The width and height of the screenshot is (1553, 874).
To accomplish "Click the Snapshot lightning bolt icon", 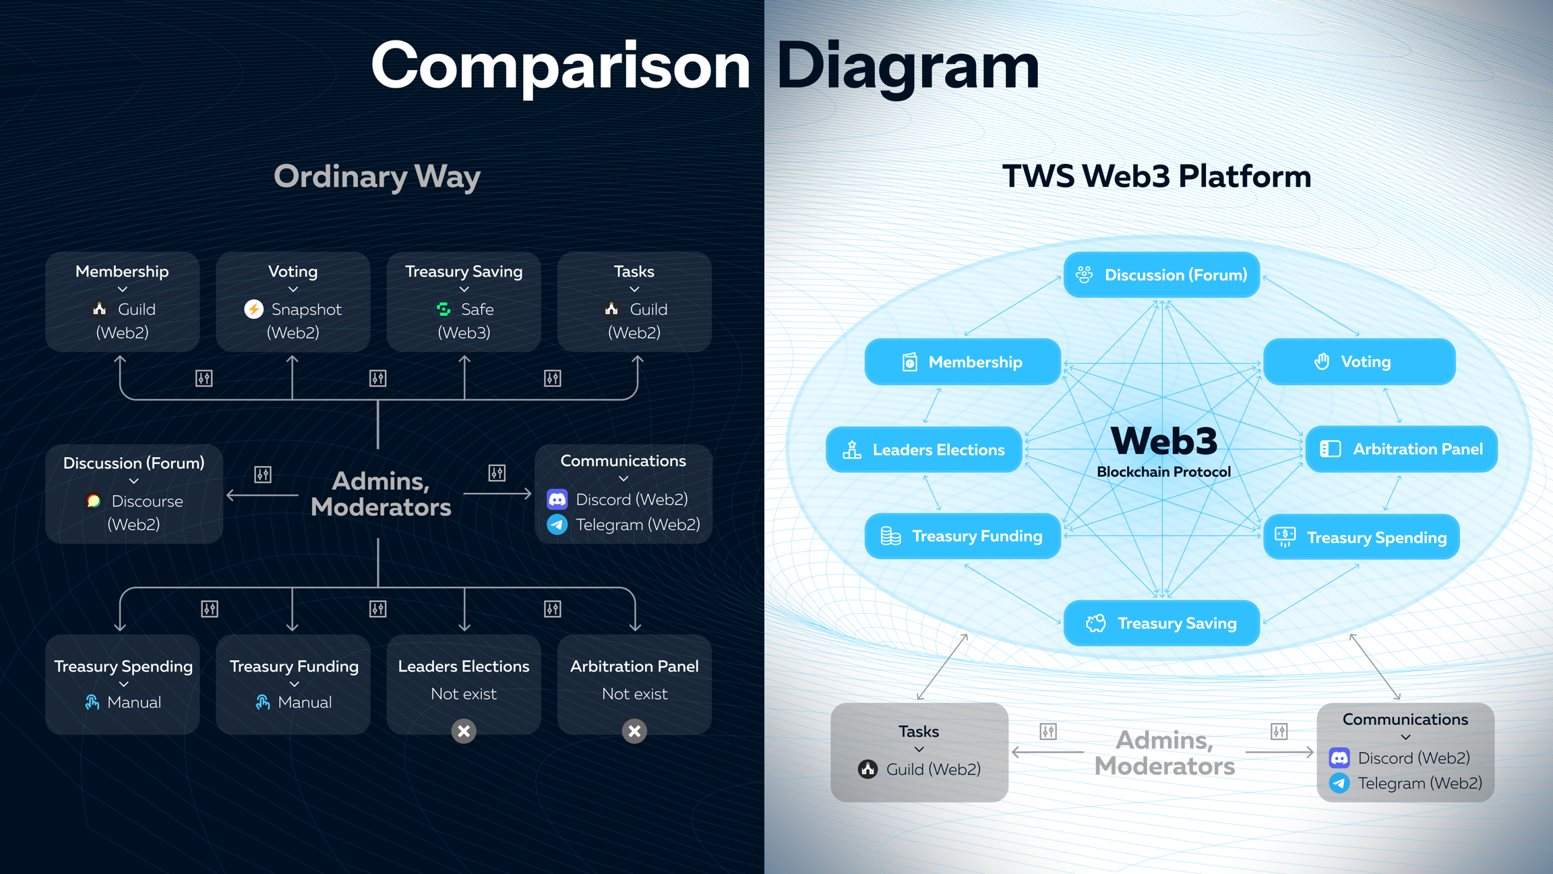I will tap(253, 310).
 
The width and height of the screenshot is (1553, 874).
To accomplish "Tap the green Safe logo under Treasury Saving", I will tap(444, 310).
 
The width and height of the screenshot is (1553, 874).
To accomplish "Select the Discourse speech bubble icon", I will tap(94, 501).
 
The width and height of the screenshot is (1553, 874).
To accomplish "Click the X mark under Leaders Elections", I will tap(464, 731).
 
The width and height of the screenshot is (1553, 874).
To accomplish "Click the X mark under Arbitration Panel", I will tap(634, 731).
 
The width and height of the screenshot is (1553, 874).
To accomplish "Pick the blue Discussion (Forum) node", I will tap(1161, 275).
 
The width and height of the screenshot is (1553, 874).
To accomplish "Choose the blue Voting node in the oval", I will tap(1359, 362).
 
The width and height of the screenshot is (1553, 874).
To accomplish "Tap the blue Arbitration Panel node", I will tap(1401, 449).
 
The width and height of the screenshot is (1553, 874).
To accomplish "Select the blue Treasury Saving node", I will tap(1161, 623).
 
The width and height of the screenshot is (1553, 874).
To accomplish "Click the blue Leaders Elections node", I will tap(923, 450).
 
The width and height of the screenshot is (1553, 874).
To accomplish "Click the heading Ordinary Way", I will tap(377, 177).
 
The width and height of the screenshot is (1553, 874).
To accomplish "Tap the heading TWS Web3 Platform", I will tap(1157, 177).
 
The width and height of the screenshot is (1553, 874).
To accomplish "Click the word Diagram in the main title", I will tap(907, 66).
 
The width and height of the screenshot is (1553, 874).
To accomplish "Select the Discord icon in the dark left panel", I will tap(557, 500).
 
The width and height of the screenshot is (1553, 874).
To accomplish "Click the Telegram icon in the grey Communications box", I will tap(1339, 784).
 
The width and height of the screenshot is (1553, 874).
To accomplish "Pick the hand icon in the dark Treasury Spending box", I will tap(92, 703).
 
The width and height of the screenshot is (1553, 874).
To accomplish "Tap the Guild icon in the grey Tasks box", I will tap(867, 769).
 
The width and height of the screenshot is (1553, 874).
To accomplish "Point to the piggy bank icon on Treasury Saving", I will tap(1096, 623).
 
